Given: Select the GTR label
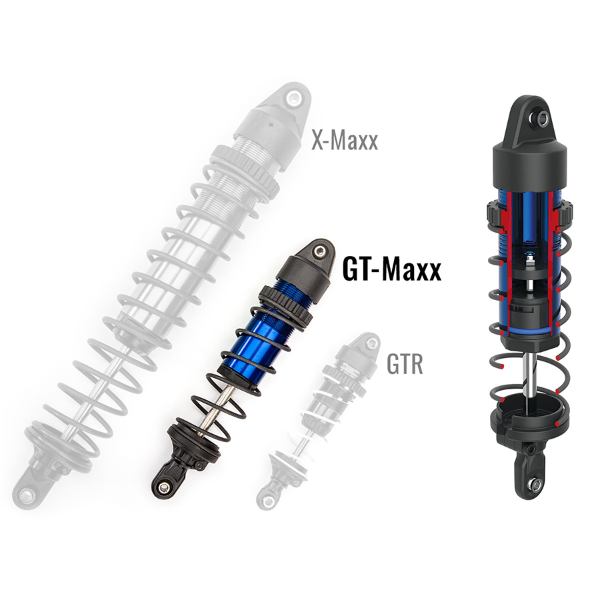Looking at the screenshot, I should click(405, 365).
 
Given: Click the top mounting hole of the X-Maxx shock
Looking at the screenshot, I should click(292, 99).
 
